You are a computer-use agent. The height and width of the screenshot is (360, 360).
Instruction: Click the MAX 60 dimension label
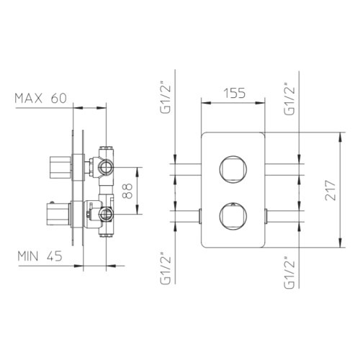40,99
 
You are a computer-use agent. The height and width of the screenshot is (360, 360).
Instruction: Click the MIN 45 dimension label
40,256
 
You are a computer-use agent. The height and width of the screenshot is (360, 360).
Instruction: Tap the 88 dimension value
127,191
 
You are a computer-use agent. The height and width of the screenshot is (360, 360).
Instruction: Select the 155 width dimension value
235,93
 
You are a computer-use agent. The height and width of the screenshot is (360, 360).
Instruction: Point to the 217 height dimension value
330,190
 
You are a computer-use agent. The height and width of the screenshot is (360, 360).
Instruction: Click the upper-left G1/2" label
166,98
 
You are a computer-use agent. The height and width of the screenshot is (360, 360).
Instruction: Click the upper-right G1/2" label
289,99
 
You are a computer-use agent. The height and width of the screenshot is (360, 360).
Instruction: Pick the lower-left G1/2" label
166,269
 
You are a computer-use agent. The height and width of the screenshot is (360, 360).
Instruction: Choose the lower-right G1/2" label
289,272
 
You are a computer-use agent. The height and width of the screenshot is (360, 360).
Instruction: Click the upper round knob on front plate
233,168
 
